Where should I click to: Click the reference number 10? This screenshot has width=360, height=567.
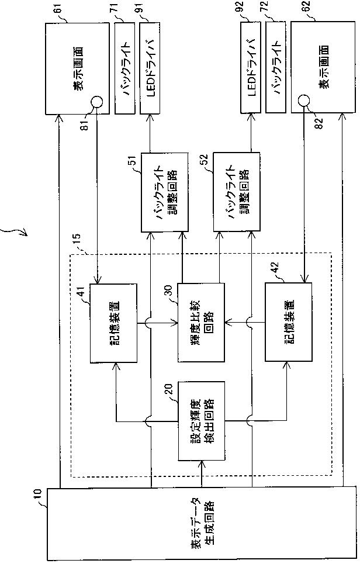point(39,495)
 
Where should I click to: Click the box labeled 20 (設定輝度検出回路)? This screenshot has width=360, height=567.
point(202,421)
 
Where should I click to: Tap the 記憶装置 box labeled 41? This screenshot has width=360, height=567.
point(113,323)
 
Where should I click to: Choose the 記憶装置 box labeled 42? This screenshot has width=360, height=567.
point(289,322)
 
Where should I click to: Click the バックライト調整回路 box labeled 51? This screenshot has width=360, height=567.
point(164,192)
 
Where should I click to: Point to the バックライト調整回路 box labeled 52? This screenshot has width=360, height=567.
point(236,192)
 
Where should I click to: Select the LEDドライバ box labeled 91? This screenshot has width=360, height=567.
point(150,68)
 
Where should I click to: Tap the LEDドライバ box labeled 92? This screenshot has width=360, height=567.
point(251,67)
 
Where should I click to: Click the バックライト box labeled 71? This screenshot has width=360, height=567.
point(124,68)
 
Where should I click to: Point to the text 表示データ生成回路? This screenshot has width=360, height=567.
point(202,524)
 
